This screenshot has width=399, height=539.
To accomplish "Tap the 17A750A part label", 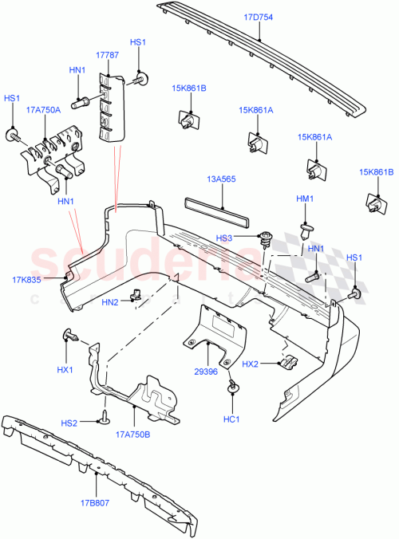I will pos(43,110).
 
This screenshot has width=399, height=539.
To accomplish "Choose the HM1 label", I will pos(306,199).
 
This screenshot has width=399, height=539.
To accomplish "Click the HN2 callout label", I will pos(110,301).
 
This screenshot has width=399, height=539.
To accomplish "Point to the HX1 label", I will pos(65,370).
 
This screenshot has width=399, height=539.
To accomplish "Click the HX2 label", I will pos(251,364).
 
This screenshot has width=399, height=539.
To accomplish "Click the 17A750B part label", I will pos(133,435).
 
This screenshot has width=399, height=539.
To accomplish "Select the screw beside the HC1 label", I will pos(234,388).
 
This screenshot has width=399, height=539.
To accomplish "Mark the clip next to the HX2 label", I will pos(287,361).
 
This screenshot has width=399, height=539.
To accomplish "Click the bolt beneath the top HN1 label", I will pos(79,102).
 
